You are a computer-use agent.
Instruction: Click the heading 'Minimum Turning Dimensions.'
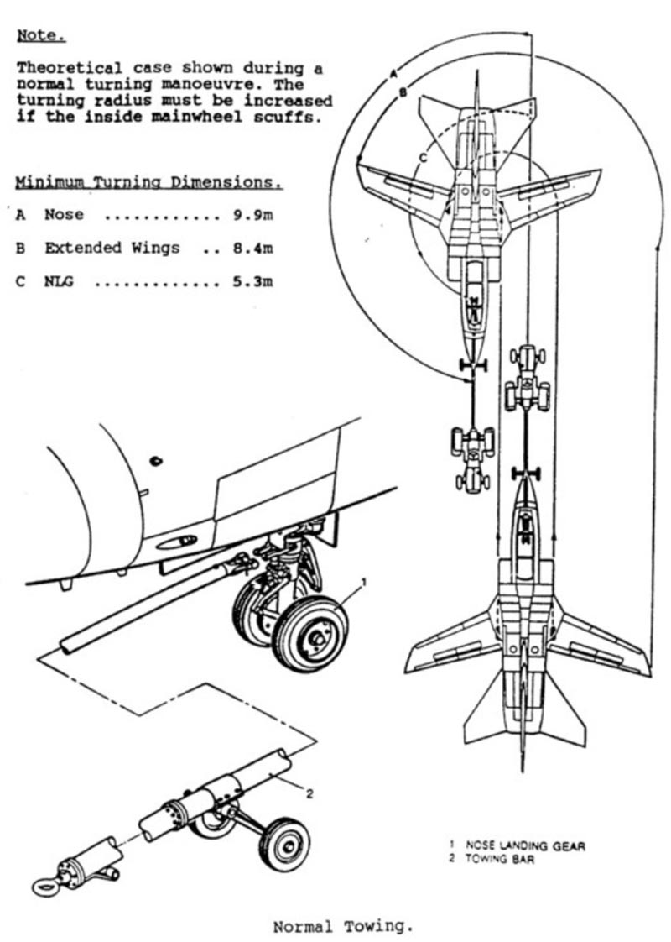[x=148, y=182]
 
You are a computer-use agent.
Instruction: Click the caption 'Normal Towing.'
[x=343, y=927]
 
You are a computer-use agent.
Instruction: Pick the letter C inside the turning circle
[x=424, y=156]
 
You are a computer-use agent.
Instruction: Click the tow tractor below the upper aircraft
[x=472, y=453]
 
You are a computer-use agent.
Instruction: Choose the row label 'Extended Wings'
[x=112, y=249]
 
